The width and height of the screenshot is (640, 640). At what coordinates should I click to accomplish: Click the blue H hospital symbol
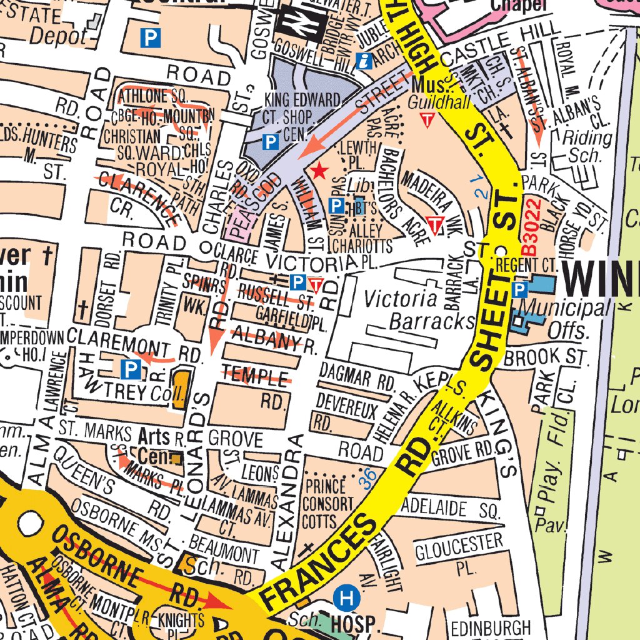click(346, 599)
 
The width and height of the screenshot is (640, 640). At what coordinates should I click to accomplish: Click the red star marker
click(319, 171)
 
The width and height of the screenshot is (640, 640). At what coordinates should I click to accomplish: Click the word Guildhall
click(440, 103)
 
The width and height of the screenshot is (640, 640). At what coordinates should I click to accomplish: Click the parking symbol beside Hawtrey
click(130, 370)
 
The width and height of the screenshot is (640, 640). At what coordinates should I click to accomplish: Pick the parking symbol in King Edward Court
click(270, 142)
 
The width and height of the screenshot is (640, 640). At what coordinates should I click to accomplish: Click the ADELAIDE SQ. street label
click(452, 506)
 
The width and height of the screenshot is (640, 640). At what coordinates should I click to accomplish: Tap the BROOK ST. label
click(546, 358)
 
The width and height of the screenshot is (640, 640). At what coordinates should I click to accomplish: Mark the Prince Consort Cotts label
click(327, 502)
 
